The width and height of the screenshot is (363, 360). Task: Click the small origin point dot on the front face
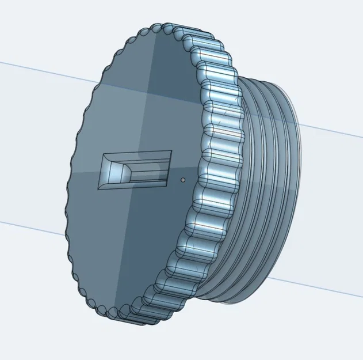tap(182, 180)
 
